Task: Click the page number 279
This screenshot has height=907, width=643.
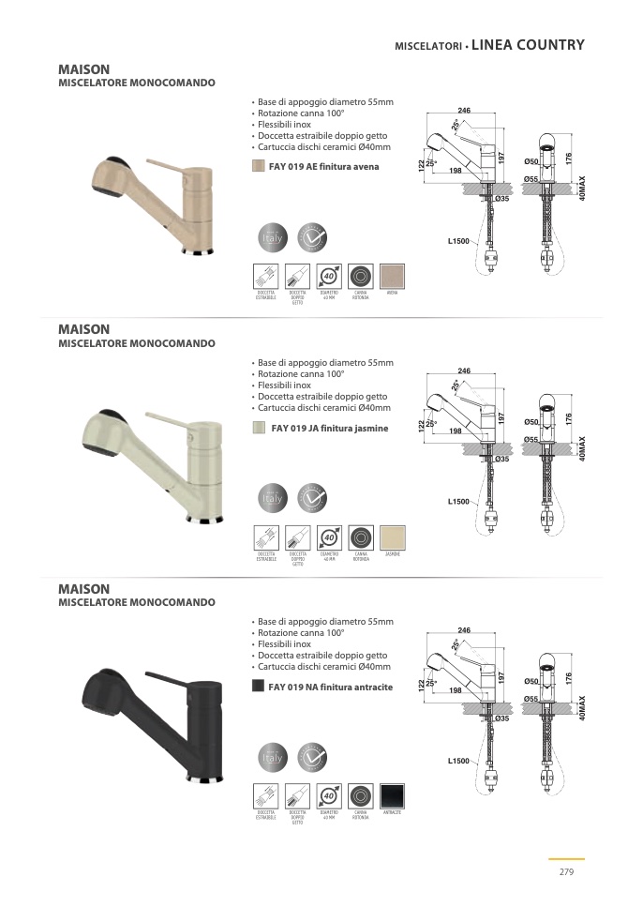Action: [565, 871]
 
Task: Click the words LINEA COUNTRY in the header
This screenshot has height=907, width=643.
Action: [529, 44]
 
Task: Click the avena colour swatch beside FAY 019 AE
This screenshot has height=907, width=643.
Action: [258, 166]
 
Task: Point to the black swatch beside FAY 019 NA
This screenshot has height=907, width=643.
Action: [258, 686]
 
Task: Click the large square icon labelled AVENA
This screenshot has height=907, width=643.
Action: [392, 276]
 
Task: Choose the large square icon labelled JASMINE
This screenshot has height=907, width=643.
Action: [392, 537]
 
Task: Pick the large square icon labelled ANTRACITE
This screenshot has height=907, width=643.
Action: [392, 795]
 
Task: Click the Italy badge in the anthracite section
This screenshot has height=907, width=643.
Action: [272, 758]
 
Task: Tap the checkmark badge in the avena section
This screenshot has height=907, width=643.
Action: [312, 238]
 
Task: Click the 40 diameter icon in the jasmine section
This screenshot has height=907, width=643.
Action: [329, 537]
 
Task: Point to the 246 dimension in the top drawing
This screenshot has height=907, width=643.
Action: [463, 112]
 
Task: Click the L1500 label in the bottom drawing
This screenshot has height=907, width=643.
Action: [457, 761]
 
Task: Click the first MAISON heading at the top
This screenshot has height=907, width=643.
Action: [84, 69]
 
